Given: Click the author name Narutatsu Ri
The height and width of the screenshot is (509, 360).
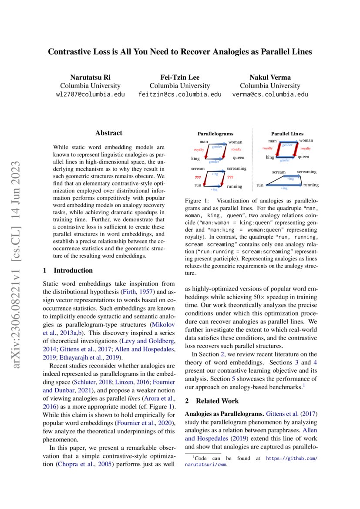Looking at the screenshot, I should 90,77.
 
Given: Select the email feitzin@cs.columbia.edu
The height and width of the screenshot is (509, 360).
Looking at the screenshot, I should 180,94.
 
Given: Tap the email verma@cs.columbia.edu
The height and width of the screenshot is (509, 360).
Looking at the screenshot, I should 270,94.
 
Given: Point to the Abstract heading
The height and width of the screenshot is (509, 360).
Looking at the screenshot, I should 109,133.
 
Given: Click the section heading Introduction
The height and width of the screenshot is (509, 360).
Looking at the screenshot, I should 73,270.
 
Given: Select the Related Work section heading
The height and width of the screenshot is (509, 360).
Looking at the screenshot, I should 217,401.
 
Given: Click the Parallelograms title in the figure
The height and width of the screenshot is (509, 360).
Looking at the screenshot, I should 215,134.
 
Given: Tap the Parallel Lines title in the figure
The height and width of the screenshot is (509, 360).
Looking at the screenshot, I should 287,134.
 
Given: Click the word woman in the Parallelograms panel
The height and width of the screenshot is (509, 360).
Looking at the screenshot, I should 235,142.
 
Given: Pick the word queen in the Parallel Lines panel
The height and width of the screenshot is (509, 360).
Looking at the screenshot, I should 303,156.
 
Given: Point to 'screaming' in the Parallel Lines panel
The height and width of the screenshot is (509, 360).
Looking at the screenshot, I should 307,172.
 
